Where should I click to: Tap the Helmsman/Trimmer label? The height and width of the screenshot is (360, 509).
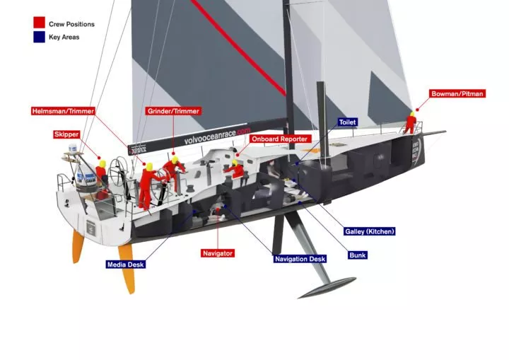tap(63, 111)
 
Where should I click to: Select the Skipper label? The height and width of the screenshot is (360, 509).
tap(66, 134)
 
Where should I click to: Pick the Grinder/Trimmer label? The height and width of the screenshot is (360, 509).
tap(173, 111)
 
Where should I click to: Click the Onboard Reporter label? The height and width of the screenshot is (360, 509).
tap(279, 139)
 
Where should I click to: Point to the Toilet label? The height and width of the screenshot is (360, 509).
tap(347, 122)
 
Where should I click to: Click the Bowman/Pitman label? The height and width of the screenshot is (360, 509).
tap(457, 93)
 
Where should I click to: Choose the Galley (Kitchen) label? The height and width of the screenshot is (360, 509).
tap(370, 231)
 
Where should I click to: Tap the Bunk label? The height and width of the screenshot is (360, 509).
tap(358, 255)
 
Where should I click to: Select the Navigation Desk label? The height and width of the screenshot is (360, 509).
tap(300, 259)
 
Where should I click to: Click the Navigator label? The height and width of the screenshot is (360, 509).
tap(217, 253)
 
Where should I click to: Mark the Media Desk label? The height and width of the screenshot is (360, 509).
tap(126, 265)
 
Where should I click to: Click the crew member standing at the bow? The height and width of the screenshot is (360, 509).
tap(409, 123)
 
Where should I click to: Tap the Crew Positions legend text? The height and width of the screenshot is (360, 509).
tap(71, 24)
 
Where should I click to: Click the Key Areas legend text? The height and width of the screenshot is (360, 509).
tap(64, 37)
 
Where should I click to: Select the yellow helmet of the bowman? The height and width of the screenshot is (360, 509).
tap(411, 112)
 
